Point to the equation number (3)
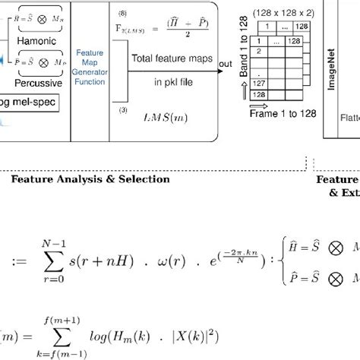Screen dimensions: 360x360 point(122,110)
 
